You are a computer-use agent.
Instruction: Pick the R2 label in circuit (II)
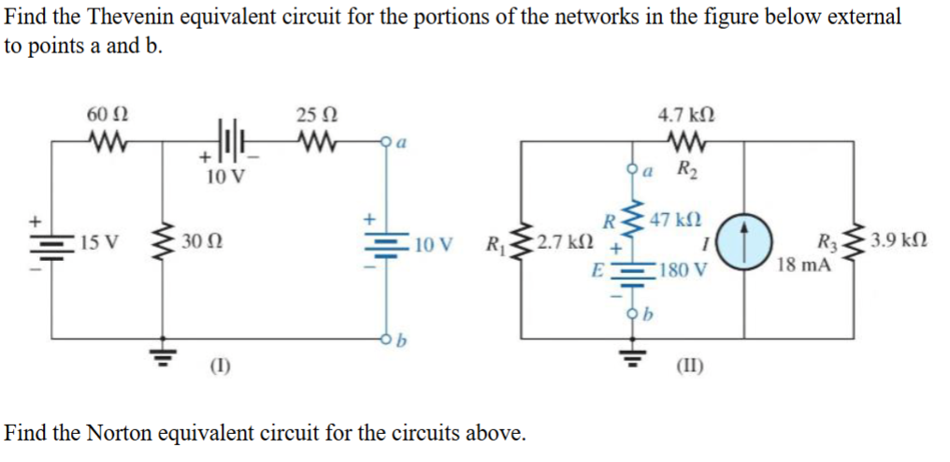pyautogui.click(x=687, y=169)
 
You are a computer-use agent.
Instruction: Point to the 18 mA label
pyautogui.click(x=802, y=265)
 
